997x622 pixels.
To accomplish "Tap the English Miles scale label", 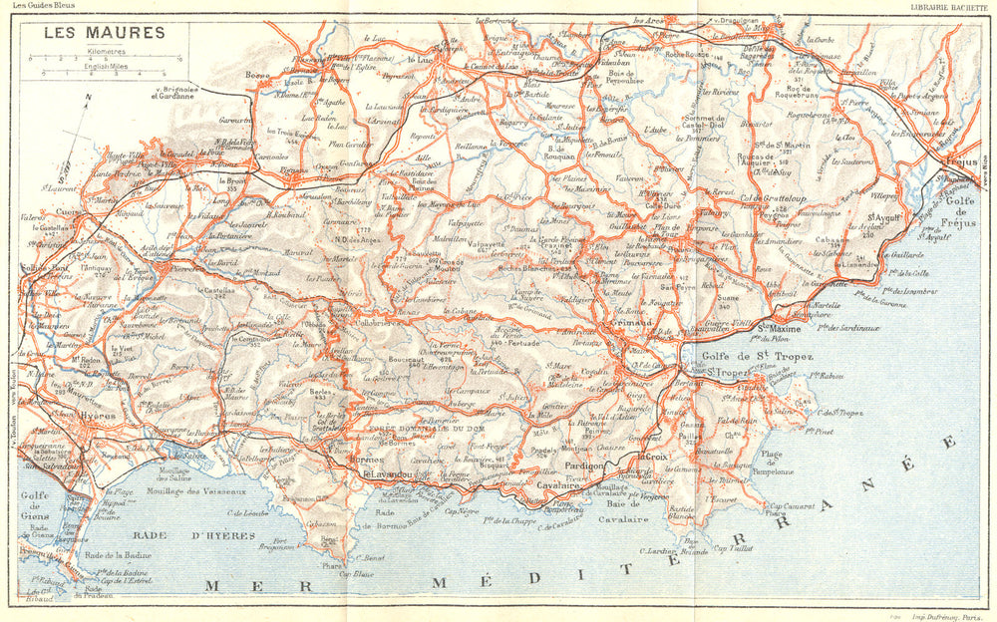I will (108, 67).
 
